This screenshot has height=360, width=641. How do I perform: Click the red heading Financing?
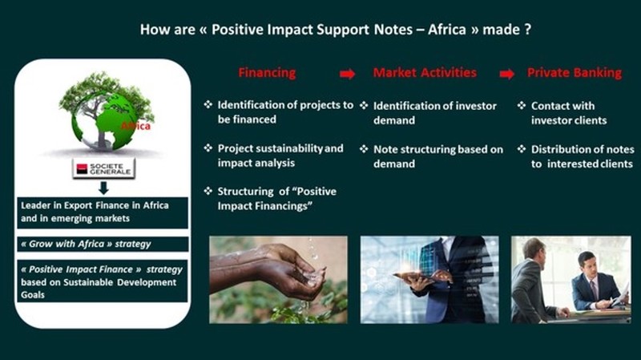[x=267, y=72]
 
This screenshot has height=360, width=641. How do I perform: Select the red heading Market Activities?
[x=425, y=72]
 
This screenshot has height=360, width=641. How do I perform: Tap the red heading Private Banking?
[x=574, y=72]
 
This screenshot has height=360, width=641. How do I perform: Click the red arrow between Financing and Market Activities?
[x=347, y=74]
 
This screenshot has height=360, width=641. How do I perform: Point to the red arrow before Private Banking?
[x=507, y=74]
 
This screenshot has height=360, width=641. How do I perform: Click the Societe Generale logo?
[x=104, y=168]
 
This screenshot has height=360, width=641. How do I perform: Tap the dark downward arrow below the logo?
[x=103, y=188]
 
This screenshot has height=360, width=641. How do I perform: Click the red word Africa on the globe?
[x=135, y=126]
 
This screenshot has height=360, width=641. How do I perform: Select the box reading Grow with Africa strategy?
[x=103, y=244]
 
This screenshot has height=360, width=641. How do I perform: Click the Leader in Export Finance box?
[x=103, y=212]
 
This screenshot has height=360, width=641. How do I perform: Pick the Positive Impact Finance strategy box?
[x=103, y=281]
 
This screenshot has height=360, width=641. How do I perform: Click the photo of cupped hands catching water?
[x=278, y=279]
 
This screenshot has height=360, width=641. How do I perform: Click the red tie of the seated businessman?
[x=594, y=289]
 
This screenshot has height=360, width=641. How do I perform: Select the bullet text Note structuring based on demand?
[x=438, y=156]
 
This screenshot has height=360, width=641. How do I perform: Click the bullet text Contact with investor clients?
[x=569, y=113]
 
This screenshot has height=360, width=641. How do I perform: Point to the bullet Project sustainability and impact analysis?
[x=280, y=156]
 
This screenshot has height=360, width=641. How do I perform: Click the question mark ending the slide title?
[x=528, y=30]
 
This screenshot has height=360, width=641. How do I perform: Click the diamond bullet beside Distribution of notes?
[x=522, y=149]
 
